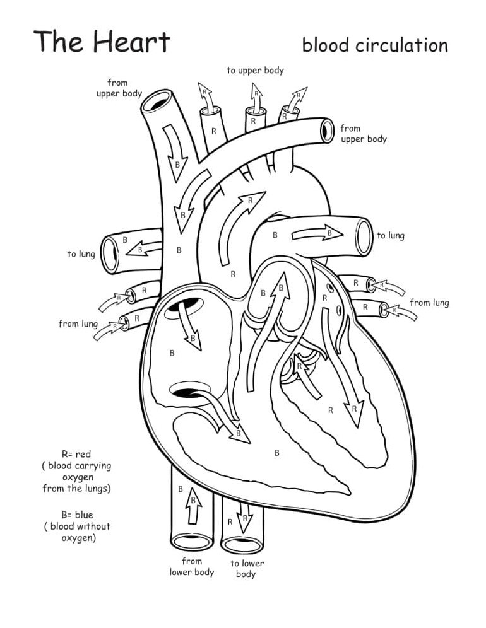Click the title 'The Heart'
coord(102,42)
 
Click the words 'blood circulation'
coord(375,45)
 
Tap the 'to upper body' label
coord(255,71)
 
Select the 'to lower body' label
coord(246,569)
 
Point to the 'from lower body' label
coord(192,567)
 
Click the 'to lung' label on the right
coord(391,235)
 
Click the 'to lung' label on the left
coord(81,254)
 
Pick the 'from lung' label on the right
coord(429,303)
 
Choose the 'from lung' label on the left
coord(78,323)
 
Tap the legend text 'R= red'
coord(76,454)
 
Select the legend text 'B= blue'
coord(76,515)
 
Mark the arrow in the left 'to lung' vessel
coord(145,248)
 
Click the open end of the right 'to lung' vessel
coord(365,237)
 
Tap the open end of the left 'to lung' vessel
coord(111,254)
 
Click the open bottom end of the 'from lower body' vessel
coord(191,541)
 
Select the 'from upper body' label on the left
coord(119,88)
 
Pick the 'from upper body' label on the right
coord(363,134)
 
